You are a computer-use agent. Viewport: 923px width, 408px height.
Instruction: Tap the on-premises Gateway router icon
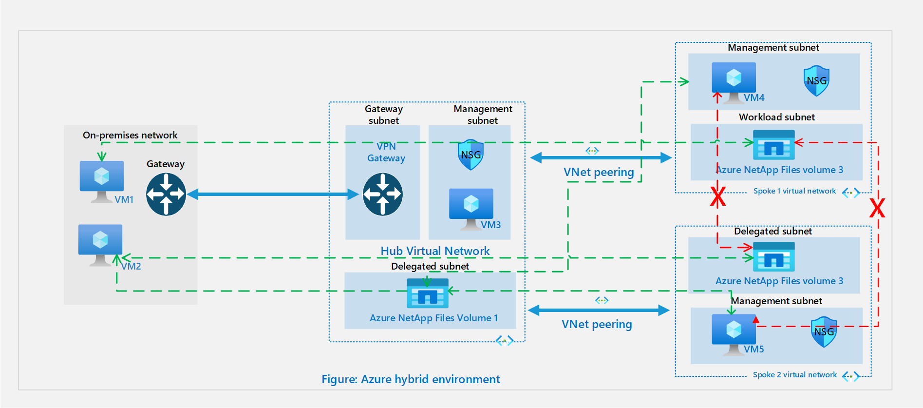coord(166,194)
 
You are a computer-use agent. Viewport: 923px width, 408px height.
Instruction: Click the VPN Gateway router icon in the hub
coord(383,194)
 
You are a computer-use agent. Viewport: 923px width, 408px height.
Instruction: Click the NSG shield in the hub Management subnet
coord(471,155)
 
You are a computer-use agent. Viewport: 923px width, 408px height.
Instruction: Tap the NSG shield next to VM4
coord(816,80)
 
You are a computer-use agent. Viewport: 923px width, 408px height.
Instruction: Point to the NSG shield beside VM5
coord(824,332)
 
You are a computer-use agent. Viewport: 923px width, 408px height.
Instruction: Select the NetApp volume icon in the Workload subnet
coord(773,145)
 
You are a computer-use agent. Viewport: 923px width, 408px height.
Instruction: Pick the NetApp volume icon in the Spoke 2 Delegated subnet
coord(773,257)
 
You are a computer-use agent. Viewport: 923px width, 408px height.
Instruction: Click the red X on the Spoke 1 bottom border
coord(717,197)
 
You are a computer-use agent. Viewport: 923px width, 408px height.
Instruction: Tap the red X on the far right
coord(877,209)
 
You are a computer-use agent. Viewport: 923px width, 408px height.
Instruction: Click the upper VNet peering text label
coord(599,172)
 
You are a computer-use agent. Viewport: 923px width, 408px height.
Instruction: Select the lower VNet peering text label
coord(597,324)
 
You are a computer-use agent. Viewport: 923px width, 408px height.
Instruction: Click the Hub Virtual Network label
coord(435,251)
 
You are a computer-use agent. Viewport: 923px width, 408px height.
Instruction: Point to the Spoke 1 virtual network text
coord(794,191)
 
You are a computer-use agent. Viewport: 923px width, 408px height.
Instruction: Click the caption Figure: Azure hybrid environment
coord(411,379)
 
